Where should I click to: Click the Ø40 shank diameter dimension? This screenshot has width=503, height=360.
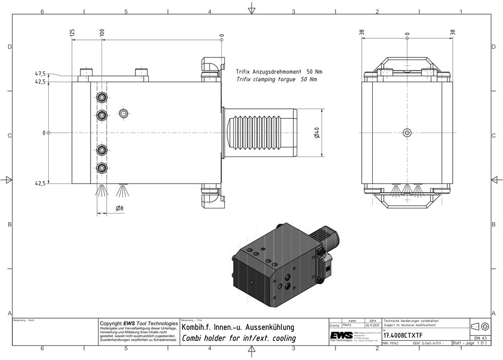(x=316, y=133)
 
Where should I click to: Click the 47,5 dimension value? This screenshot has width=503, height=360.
(x=40, y=74)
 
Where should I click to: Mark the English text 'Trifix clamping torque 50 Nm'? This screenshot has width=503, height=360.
(x=277, y=80)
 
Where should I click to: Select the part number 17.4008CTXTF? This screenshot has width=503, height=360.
(x=403, y=335)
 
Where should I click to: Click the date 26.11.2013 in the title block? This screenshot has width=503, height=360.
(x=372, y=325)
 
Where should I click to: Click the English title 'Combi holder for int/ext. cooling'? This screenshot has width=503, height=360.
(x=238, y=338)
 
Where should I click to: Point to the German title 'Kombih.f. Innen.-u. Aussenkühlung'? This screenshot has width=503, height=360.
(x=237, y=327)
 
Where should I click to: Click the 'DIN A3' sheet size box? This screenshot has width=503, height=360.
(x=480, y=338)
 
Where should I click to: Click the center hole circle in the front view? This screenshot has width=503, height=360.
(x=407, y=133)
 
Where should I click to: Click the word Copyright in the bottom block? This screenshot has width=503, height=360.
(x=111, y=323)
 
